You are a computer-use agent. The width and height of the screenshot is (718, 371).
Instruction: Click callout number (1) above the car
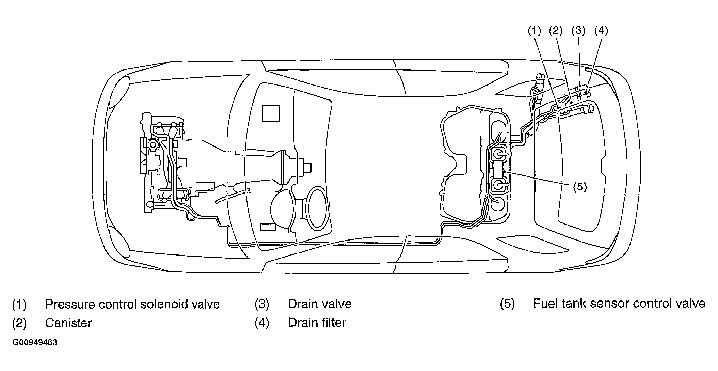(x=534, y=31)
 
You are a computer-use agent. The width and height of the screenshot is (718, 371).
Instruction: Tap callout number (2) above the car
(x=556, y=31)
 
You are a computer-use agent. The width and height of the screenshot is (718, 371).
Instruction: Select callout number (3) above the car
(x=578, y=31)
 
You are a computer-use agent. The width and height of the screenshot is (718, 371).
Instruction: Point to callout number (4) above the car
(x=601, y=31)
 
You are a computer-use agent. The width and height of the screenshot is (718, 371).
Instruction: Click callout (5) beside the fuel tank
(x=580, y=187)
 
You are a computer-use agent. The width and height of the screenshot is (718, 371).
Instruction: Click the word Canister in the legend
(x=68, y=323)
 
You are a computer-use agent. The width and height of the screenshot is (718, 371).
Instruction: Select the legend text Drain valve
(x=320, y=304)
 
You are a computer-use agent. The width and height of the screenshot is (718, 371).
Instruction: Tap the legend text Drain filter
(x=317, y=323)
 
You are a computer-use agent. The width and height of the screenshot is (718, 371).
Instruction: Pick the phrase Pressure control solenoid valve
(x=132, y=304)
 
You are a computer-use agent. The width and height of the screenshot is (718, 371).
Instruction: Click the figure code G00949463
(x=34, y=342)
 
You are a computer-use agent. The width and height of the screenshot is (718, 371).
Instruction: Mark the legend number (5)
(x=507, y=304)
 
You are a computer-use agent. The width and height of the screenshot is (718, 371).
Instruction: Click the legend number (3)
(x=262, y=304)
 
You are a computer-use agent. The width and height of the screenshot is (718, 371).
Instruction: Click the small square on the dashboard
(x=271, y=113)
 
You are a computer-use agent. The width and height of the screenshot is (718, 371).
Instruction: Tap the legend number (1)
(x=19, y=304)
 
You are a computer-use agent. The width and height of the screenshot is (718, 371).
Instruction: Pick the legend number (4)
(x=262, y=323)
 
